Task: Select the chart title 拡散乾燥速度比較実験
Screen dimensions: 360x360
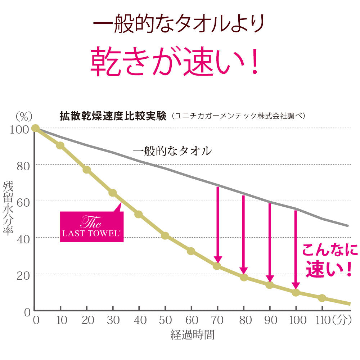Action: coord(113,116)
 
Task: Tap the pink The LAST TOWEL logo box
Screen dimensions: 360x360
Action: coord(92,227)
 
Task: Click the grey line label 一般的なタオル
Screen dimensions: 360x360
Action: coord(172,151)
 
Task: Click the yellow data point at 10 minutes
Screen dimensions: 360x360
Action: coord(60,145)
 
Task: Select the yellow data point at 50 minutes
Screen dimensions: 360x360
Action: coord(165,235)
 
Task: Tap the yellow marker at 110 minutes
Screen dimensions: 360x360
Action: coord(322,298)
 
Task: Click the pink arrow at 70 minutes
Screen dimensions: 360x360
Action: coord(217,225)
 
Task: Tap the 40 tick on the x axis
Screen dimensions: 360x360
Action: coord(139,320)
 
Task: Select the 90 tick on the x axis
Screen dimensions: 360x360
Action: coord(270,320)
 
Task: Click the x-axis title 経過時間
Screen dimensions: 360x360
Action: coord(193,336)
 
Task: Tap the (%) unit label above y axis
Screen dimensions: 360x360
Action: coord(24,116)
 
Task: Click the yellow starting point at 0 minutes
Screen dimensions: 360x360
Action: coord(35,128)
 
